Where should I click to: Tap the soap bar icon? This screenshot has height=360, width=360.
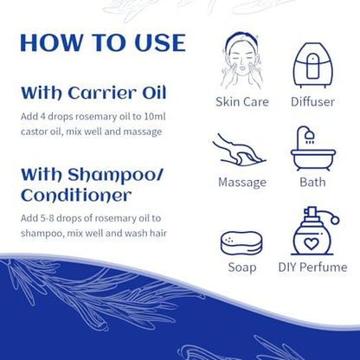point(243,241)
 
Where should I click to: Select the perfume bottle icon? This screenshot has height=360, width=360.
point(314,234)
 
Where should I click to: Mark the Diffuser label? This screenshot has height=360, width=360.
point(314,101)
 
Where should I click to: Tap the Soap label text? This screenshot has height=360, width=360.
point(243,269)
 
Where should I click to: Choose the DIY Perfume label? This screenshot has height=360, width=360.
point(314,269)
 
